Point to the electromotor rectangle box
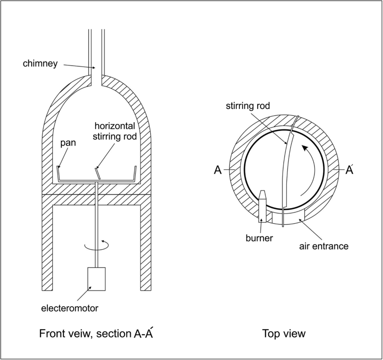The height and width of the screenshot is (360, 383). click(97, 279)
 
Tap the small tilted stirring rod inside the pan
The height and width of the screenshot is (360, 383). click(98, 173)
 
